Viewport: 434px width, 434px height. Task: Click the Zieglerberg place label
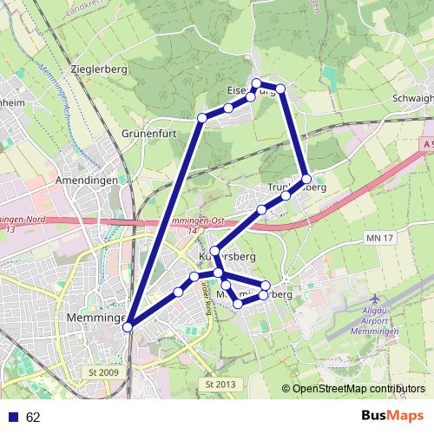[x=102, y=68]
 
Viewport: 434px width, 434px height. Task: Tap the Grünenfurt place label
[x=150, y=135]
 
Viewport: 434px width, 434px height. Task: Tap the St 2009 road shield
[x=102, y=372]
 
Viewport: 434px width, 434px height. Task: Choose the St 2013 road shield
[x=220, y=383]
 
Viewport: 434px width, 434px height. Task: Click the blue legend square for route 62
[x=13, y=417]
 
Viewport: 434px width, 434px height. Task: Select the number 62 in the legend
[x=34, y=417]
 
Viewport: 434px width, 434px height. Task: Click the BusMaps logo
[x=391, y=416]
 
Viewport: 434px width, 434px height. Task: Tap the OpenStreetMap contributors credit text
[x=358, y=389]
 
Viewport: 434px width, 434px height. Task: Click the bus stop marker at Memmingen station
[x=128, y=326]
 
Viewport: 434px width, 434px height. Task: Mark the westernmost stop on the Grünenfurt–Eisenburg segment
[x=202, y=117]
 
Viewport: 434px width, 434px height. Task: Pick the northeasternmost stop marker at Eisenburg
[x=280, y=89]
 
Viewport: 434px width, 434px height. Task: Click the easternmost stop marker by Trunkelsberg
[x=306, y=179]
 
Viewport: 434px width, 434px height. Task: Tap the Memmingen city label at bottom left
[x=95, y=319]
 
